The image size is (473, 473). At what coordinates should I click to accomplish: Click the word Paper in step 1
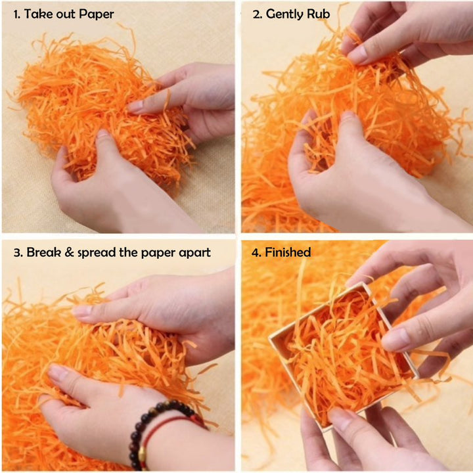point(96,14)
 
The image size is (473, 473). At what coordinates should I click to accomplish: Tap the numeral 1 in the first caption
point(16,14)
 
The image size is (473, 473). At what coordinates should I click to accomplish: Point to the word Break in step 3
point(44,252)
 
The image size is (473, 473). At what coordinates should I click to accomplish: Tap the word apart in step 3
point(194,253)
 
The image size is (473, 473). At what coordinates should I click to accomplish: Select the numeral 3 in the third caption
point(16,252)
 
